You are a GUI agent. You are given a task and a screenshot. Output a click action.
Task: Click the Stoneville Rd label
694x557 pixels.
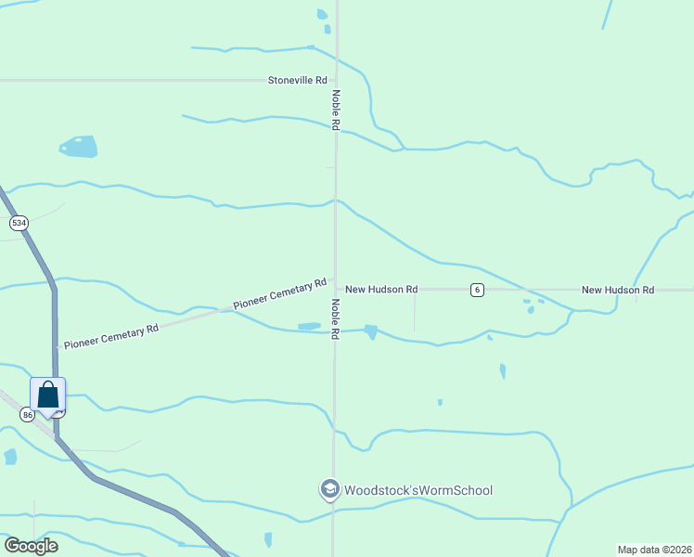coord(298,81)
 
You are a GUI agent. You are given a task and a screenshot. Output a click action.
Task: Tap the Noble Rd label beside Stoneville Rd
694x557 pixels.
coord(336,110)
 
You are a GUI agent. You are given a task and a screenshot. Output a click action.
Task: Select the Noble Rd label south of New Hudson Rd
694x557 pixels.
coord(336,317)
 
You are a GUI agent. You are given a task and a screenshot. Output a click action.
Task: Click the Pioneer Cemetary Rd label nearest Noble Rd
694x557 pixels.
coord(280,293)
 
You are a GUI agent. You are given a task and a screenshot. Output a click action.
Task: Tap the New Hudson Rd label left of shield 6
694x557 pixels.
coord(381,290)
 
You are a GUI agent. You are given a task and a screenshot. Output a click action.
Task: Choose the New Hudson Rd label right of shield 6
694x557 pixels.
coord(618,291)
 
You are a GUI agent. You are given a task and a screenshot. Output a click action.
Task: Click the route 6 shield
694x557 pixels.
coord(477,290)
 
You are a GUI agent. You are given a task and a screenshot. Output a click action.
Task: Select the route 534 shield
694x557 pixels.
coord(18,223)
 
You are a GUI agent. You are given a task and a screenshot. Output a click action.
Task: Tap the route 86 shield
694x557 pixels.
coord(27,415)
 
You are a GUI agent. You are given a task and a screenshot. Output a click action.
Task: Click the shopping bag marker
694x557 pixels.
coord(48,395)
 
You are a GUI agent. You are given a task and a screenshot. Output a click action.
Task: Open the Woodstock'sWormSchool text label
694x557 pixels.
coord(418,490)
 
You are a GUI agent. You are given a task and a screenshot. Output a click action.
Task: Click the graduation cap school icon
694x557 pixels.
coord(329,488)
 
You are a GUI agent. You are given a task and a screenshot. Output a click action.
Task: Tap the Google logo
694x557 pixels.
coord(31,545)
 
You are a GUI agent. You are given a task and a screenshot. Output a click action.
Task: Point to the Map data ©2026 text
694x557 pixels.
coord(654,550)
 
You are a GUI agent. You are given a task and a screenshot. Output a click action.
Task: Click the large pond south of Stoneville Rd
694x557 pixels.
coord(78,147)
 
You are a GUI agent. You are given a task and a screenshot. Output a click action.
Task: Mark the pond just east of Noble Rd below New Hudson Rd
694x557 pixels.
coord(371,331)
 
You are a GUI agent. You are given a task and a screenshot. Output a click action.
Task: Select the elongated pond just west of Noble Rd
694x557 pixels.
coord(309,326)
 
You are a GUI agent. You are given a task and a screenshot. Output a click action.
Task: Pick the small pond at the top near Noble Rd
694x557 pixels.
coord(322,15)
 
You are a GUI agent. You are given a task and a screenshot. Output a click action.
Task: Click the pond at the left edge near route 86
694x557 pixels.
coord(10,457)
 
